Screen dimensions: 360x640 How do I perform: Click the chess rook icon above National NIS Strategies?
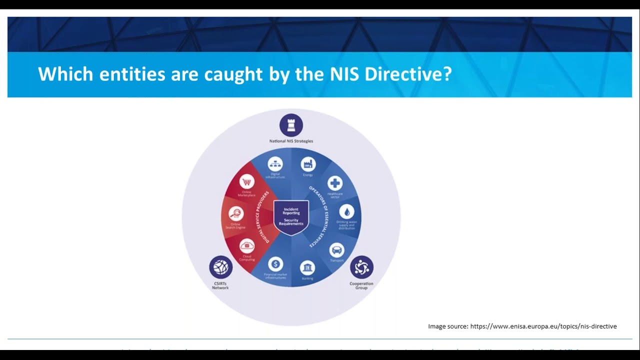pyautogui.click(x=291, y=125)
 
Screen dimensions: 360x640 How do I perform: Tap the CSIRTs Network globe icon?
pyautogui.click(x=220, y=267)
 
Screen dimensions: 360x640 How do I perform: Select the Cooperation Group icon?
pyautogui.click(x=361, y=267)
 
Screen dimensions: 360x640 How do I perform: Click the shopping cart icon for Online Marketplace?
pyautogui.click(x=246, y=181)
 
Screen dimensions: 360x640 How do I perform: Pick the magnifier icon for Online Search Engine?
pyautogui.click(x=236, y=213)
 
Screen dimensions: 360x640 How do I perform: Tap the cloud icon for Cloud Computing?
pyautogui.click(x=247, y=246)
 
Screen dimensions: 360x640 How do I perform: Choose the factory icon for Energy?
pyautogui.click(x=308, y=164)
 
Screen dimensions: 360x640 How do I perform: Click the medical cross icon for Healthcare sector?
pyautogui.click(x=335, y=183)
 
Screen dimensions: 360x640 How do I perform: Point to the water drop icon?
pyautogui.click(x=346, y=211)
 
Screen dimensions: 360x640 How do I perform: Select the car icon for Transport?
pyautogui.click(x=337, y=249)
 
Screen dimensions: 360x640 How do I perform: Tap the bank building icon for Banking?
pyautogui.click(x=307, y=267)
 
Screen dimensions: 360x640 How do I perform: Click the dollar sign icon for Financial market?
pyautogui.click(x=275, y=264)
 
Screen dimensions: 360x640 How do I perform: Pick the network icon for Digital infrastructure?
pyautogui.click(x=275, y=163)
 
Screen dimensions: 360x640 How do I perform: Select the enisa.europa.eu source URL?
pyautogui.click(x=543, y=326)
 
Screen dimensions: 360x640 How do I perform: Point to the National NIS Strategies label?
pyautogui.click(x=291, y=141)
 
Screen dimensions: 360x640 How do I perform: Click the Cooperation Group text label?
pyautogui.click(x=361, y=286)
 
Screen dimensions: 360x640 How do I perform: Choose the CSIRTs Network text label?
pyautogui.click(x=220, y=285)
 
